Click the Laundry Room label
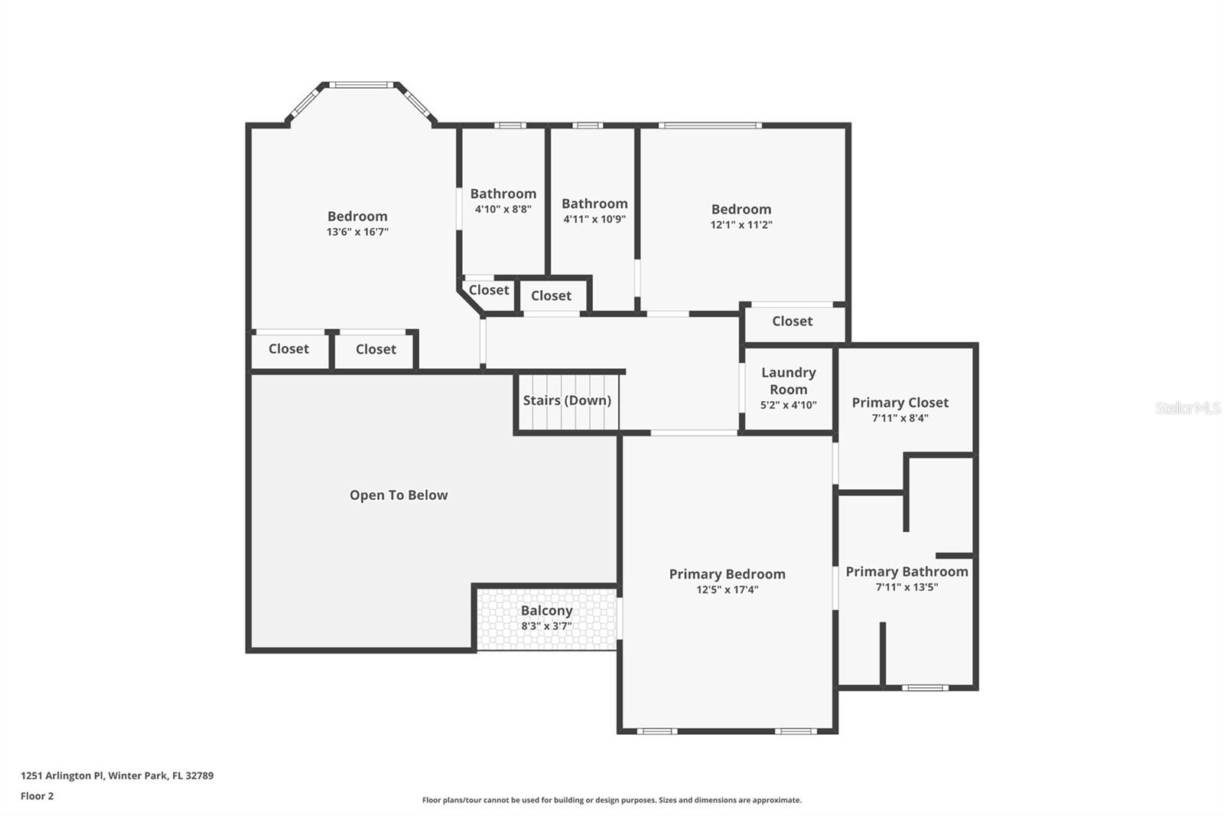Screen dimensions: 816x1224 pyautogui.click(x=788, y=380)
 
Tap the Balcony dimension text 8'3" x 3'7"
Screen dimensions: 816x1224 pyautogui.click(x=546, y=626)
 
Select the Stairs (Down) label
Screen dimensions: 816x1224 pyautogui.click(x=567, y=400)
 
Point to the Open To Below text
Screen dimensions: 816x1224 pyautogui.click(x=399, y=495)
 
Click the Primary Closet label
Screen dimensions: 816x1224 pyautogui.click(x=900, y=403)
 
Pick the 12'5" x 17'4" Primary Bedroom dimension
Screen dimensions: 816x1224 pyautogui.click(x=727, y=590)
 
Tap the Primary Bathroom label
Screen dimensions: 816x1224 pyautogui.click(x=907, y=572)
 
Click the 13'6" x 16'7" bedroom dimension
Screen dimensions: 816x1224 pyautogui.click(x=357, y=232)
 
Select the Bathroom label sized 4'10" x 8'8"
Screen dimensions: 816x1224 pyautogui.click(x=503, y=194)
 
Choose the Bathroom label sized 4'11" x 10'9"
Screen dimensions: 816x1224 pyautogui.click(x=594, y=204)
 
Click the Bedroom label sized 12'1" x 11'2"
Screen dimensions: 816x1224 pyautogui.click(x=741, y=209)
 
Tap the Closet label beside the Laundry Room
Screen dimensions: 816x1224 pyautogui.click(x=792, y=322)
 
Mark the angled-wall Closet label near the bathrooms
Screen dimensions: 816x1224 pyautogui.click(x=488, y=290)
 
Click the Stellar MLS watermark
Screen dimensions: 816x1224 pyautogui.click(x=1187, y=408)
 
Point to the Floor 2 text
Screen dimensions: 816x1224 pyautogui.click(x=37, y=796)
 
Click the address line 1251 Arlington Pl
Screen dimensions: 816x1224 pyautogui.click(x=117, y=775)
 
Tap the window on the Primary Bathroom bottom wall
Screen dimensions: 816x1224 pyautogui.click(x=924, y=687)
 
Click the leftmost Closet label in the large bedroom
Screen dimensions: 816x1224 pyautogui.click(x=288, y=349)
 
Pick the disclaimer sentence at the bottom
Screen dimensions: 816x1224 pyautogui.click(x=611, y=800)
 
